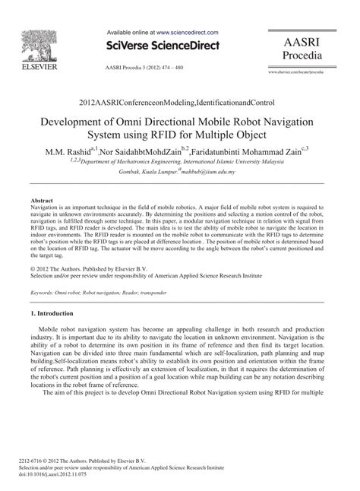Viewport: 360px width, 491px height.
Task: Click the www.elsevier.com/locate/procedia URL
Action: coord(311,71)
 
